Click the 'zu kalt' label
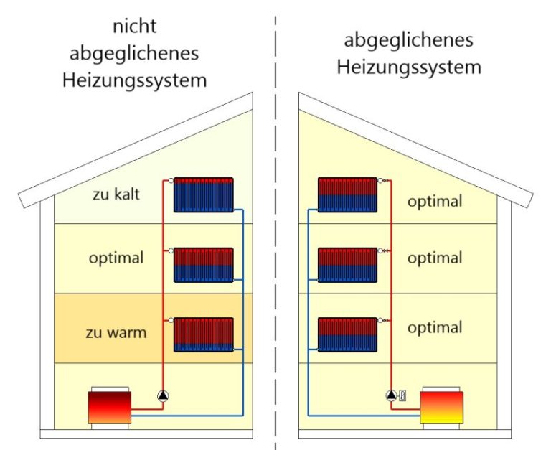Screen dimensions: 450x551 coord(116,194)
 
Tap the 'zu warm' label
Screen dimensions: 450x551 coord(116,333)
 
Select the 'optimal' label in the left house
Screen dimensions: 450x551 coord(116,257)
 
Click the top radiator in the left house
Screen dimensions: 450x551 coord(204,194)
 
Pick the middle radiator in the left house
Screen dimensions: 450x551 coord(204,265)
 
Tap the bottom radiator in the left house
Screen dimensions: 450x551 coord(204,334)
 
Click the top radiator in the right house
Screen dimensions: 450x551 coord(347,194)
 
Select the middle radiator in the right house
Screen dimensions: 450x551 coord(347,265)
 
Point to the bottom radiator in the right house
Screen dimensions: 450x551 coord(347,334)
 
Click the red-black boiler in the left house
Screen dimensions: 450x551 coord(109,407)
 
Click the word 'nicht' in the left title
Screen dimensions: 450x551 coord(134,27)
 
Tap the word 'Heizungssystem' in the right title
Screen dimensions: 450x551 coord(409,68)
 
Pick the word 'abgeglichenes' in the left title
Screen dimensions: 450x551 coord(134,53)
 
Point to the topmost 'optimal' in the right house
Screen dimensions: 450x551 coord(435,202)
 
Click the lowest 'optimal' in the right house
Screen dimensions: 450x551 coord(435,328)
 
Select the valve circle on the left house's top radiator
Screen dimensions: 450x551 coord(169,181)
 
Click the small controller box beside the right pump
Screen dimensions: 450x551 coord(402,394)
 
